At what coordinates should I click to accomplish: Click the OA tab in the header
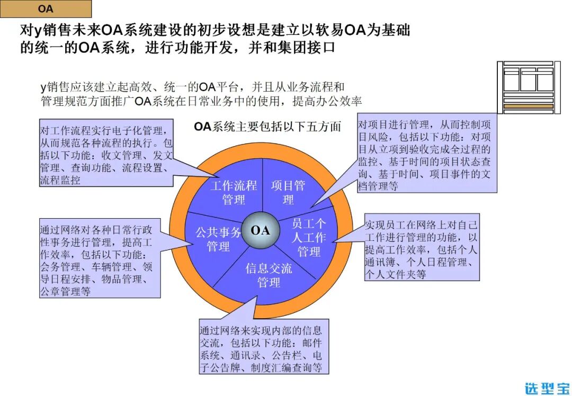click(x=46, y=9)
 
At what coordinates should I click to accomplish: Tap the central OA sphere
click(x=260, y=230)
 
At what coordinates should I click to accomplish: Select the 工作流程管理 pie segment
click(x=234, y=192)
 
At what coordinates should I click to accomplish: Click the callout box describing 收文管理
click(x=106, y=152)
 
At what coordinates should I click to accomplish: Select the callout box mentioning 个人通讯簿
click(x=422, y=247)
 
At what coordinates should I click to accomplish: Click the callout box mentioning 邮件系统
click(x=264, y=347)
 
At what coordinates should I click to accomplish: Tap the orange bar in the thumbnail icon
click(x=528, y=106)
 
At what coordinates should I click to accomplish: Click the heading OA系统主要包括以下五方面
click(x=267, y=127)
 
